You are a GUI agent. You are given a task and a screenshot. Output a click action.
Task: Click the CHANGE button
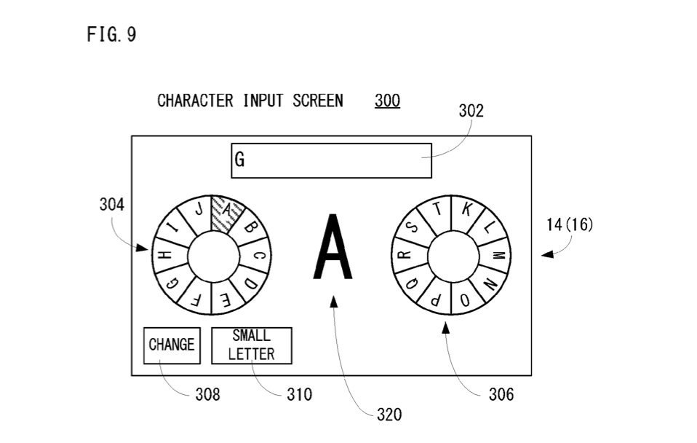pyautogui.click(x=171, y=345)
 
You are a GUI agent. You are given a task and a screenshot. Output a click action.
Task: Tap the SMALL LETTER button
pyautogui.click(x=251, y=345)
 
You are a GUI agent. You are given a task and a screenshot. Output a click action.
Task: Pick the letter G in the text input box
pyautogui.click(x=239, y=160)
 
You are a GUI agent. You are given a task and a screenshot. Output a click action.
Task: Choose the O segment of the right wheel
pyautogui.click(x=464, y=299)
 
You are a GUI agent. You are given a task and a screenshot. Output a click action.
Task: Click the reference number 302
pyautogui.click(x=471, y=111)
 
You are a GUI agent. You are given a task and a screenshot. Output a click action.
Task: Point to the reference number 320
pyautogui.click(x=389, y=415)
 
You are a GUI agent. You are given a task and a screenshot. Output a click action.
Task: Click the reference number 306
pyautogui.click(x=501, y=395)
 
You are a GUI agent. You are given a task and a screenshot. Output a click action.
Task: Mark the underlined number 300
pyautogui.click(x=387, y=101)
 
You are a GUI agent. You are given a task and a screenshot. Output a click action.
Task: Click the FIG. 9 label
pyautogui.click(x=111, y=35)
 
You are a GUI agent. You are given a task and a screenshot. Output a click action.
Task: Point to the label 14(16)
pyautogui.click(x=570, y=224)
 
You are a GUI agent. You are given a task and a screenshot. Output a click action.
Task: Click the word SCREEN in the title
pyautogui.click(x=317, y=101)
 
